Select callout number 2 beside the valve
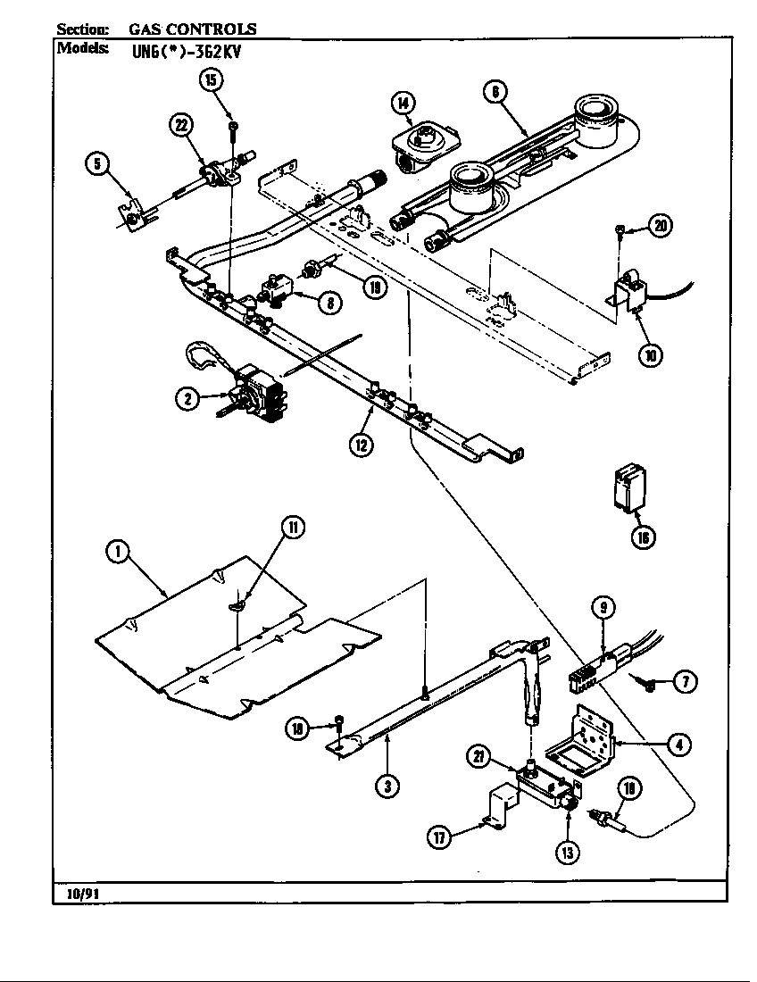point(187,400)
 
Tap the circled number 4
point(680,743)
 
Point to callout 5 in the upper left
point(97,162)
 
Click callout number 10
point(651,354)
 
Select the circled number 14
point(403,104)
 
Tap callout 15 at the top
point(211,80)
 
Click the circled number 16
point(642,537)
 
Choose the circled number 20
point(661,226)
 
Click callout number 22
point(183,126)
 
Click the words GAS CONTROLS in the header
point(193,29)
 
